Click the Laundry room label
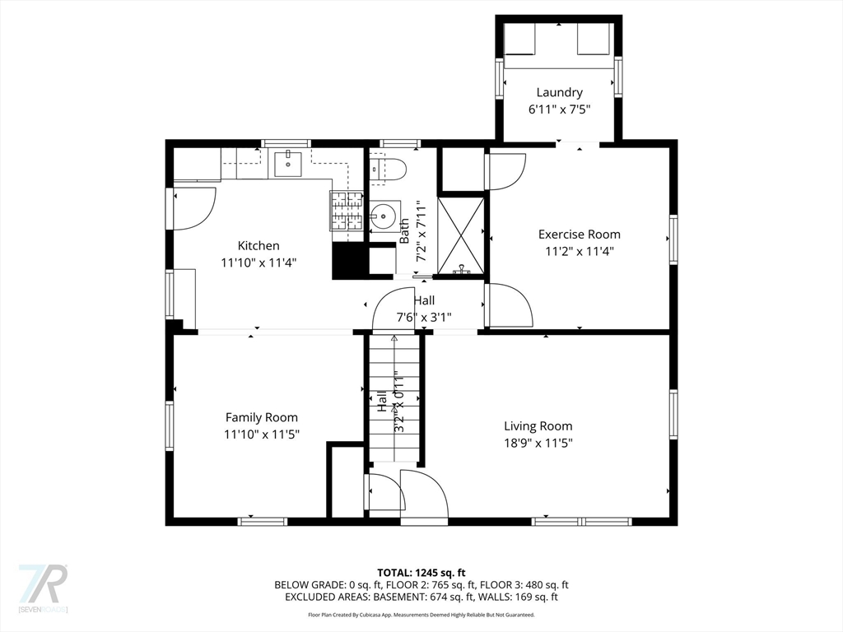pos(559,93)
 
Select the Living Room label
pos(538,426)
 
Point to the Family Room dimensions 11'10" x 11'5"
pos(262,434)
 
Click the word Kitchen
pos(258,245)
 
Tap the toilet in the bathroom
pos(389,170)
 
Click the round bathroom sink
pos(383,218)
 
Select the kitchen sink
pos(287,164)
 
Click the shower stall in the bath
pos(461,235)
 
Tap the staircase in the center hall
pos(394,399)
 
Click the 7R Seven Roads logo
pos(43,588)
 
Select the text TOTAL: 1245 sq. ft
pos(421,573)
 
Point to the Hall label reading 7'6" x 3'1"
pos(424,309)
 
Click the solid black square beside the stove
pos(347,261)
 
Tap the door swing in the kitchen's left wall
pos(193,208)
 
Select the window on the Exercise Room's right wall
pos(673,239)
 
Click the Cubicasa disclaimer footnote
pos(421,615)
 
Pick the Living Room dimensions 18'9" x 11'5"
pos(538,443)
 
